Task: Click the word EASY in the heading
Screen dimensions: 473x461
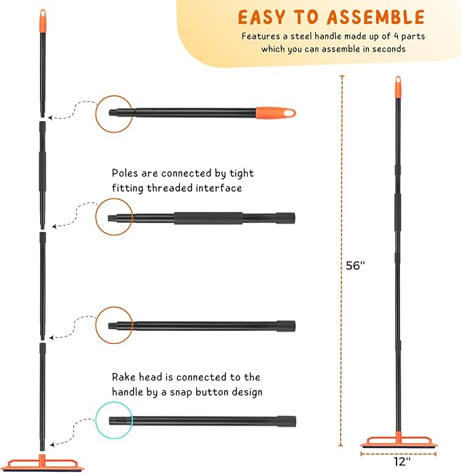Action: (x=261, y=17)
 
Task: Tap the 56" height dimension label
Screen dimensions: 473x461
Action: (x=354, y=266)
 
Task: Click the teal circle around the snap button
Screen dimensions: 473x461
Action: (x=113, y=421)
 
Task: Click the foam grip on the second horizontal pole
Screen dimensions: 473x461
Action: (x=208, y=218)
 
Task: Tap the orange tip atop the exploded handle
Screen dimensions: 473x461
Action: (x=42, y=18)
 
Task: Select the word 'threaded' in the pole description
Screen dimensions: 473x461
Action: (x=170, y=188)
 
